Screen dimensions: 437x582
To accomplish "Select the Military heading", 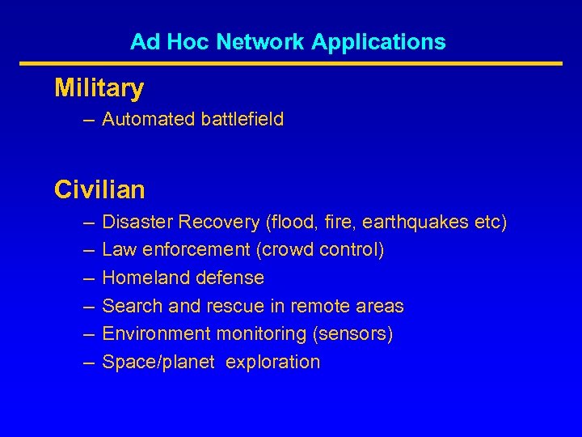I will (99, 88).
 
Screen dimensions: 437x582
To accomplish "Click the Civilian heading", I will (99, 190).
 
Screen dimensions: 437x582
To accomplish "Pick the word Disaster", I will (137, 222).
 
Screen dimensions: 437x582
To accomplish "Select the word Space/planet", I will (158, 363).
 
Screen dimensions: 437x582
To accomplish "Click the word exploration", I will (273, 363).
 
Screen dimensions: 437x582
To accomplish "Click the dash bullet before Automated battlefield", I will (87, 120).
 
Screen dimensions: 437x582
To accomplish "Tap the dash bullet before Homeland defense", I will (87, 278).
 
